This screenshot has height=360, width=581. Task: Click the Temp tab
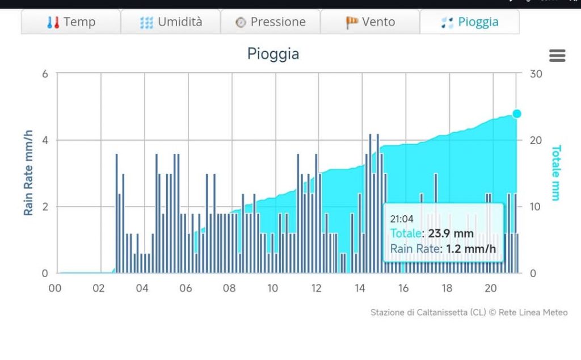click(x=71, y=22)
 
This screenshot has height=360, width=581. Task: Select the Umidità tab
click(x=171, y=22)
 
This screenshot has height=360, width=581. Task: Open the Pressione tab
click(x=271, y=22)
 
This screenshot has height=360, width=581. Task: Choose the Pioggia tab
click(x=470, y=22)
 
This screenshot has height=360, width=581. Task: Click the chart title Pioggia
click(x=273, y=54)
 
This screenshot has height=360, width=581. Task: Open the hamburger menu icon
click(x=557, y=56)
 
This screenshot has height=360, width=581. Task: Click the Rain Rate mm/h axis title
click(x=28, y=173)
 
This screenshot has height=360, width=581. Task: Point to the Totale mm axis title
click(x=556, y=173)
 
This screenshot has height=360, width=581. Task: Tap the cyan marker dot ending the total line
click(x=517, y=114)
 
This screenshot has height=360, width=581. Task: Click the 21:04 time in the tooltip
click(x=401, y=219)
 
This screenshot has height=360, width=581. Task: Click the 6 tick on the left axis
click(x=45, y=74)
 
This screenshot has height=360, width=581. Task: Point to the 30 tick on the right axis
click(x=536, y=74)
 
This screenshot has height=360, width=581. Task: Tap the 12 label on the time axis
click(x=316, y=288)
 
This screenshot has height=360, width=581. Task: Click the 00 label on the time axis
click(x=55, y=288)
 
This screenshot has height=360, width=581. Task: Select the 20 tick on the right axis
click(x=536, y=140)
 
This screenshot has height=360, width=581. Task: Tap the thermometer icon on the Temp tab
click(x=53, y=23)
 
